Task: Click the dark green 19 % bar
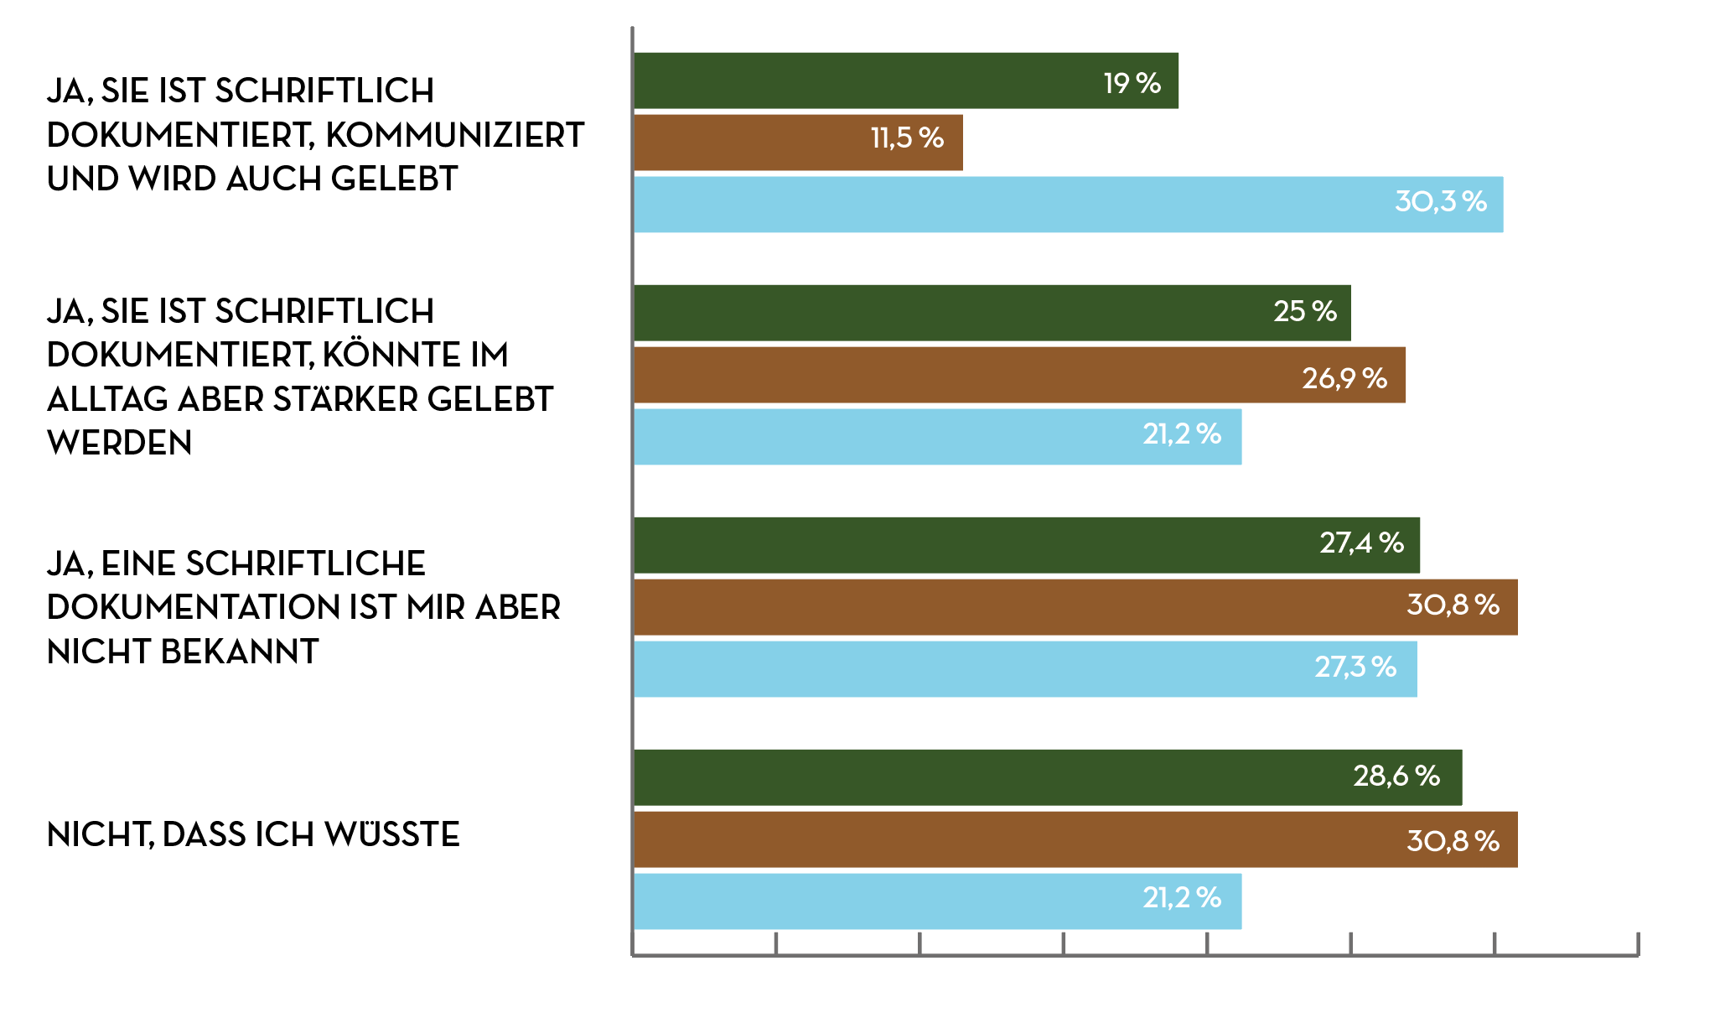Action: pos(905,81)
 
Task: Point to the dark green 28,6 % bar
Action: pos(1047,777)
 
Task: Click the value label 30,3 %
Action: pos(1440,202)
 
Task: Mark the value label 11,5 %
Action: pos(907,138)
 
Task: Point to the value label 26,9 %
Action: pos(1344,379)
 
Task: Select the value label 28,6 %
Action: pos(1396,776)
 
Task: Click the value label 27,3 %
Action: pos(1355,667)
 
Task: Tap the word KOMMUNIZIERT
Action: pos(454,135)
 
